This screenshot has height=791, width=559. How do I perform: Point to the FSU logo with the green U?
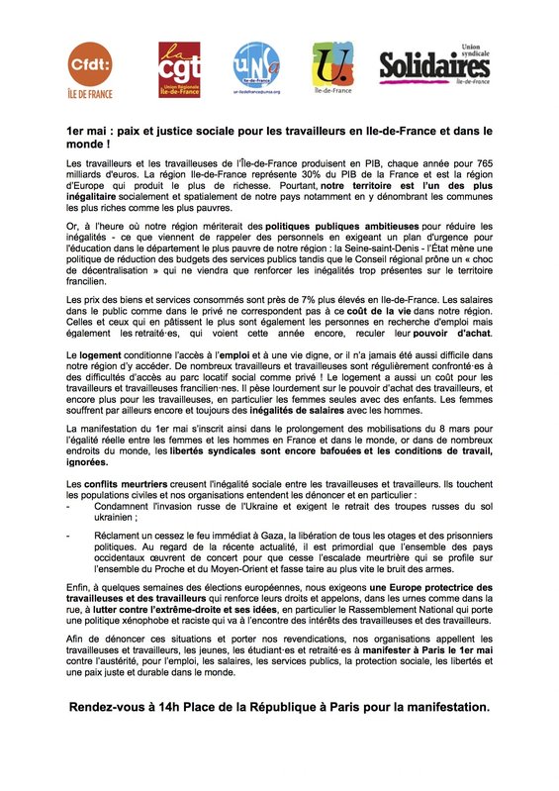330,68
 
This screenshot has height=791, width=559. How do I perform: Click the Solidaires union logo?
434,65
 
